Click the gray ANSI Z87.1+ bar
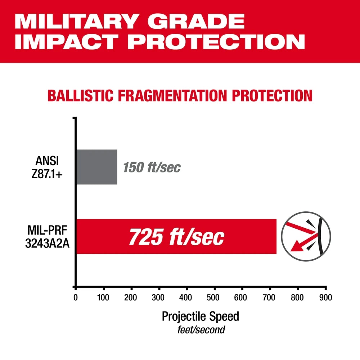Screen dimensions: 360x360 (96, 167)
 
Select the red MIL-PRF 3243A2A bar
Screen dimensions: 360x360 (176, 236)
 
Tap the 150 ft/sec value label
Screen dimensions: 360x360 (152, 167)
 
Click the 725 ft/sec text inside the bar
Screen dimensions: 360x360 (176, 237)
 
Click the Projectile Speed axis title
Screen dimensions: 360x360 (200, 316)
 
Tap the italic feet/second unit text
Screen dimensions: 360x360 (201, 329)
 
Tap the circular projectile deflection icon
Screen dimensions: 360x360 (306, 237)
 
